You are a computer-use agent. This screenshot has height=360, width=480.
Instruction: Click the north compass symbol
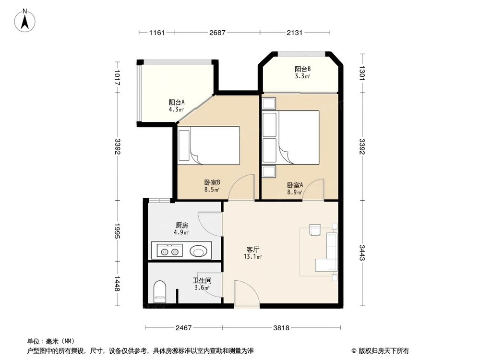click(x=25, y=20)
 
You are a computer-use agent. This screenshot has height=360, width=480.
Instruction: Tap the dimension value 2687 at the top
click(x=217, y=33)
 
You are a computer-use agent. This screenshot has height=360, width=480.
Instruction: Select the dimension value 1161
click(x=157, y=33)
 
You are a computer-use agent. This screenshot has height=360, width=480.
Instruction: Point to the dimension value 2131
click(x=295, y=33)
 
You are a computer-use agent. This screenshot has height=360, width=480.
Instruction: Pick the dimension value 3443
click(x=362, y=253)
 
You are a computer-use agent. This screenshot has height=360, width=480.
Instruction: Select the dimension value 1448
click(x=117, y=284)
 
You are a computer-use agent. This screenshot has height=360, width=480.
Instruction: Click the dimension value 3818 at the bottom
click(x=282, y=328)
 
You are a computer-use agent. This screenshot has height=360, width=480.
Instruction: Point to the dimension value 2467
click(x=183, y=328)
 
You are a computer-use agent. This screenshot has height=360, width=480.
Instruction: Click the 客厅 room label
click(x=253, y=250)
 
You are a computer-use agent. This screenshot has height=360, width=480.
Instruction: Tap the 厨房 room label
click(x=181, y=225)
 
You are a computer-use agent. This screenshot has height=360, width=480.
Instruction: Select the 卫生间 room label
click(x=202, y=281)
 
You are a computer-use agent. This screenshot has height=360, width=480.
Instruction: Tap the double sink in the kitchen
click(x=170, y=251)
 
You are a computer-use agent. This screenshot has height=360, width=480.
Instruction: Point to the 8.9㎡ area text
click(x=295, y=192)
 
